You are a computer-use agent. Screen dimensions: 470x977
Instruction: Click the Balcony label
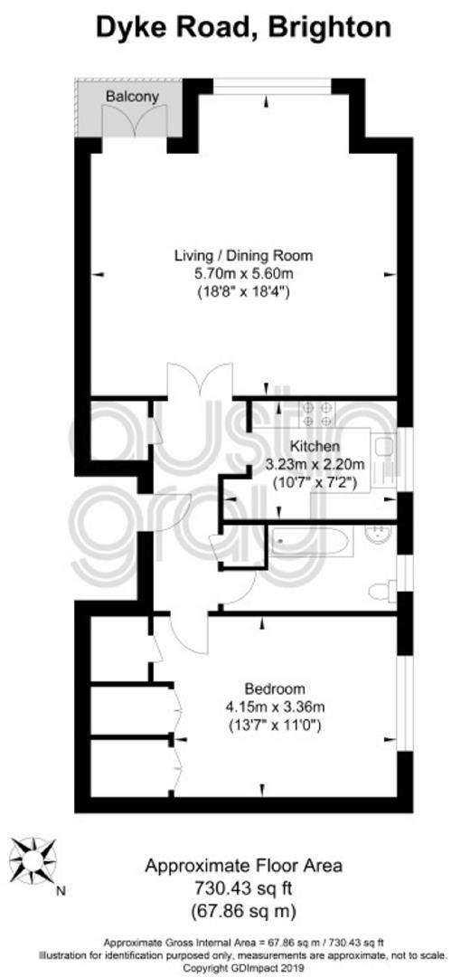point(132,97)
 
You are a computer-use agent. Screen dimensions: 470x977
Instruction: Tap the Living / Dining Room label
point(243,255)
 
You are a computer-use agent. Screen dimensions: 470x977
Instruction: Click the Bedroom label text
point(275,689)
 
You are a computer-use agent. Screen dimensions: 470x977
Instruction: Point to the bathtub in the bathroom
point(312,541)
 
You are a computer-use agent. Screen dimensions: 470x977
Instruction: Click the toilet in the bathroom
point(382,591)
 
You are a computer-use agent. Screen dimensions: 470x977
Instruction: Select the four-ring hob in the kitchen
point(317,414)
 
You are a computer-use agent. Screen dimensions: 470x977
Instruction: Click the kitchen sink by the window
point(384,446)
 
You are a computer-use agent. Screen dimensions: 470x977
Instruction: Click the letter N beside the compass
point(61,891)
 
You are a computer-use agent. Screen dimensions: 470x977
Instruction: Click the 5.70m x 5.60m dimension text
point(243,273)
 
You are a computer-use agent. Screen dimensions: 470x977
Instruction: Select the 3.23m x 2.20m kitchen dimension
point(315,463)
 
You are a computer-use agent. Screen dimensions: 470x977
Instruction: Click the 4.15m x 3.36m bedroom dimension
point(275,707)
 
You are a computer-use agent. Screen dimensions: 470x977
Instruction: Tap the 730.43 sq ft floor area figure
point(243,886)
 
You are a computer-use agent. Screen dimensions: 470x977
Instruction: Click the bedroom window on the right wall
point(405,703)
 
